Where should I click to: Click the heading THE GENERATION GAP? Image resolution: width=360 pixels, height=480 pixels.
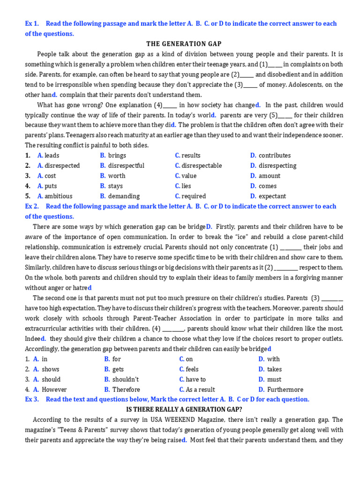tap(184, 44)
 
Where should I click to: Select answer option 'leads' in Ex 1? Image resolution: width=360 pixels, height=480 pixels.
tap(52, 156)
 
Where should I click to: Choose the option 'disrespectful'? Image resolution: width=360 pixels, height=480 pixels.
tap(126, 165)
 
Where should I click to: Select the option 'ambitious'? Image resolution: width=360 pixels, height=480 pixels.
tap(58, 196)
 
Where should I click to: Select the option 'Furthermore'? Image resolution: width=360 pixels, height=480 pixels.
tap(285, 390)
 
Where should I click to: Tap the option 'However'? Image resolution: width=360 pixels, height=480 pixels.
tap(54, 390)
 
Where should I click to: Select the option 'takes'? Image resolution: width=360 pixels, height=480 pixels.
tap(274, 369)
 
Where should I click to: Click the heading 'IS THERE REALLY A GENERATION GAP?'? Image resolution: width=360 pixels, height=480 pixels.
tap(184, 410)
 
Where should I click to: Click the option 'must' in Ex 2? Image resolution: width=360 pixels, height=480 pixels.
tap(274, 379)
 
